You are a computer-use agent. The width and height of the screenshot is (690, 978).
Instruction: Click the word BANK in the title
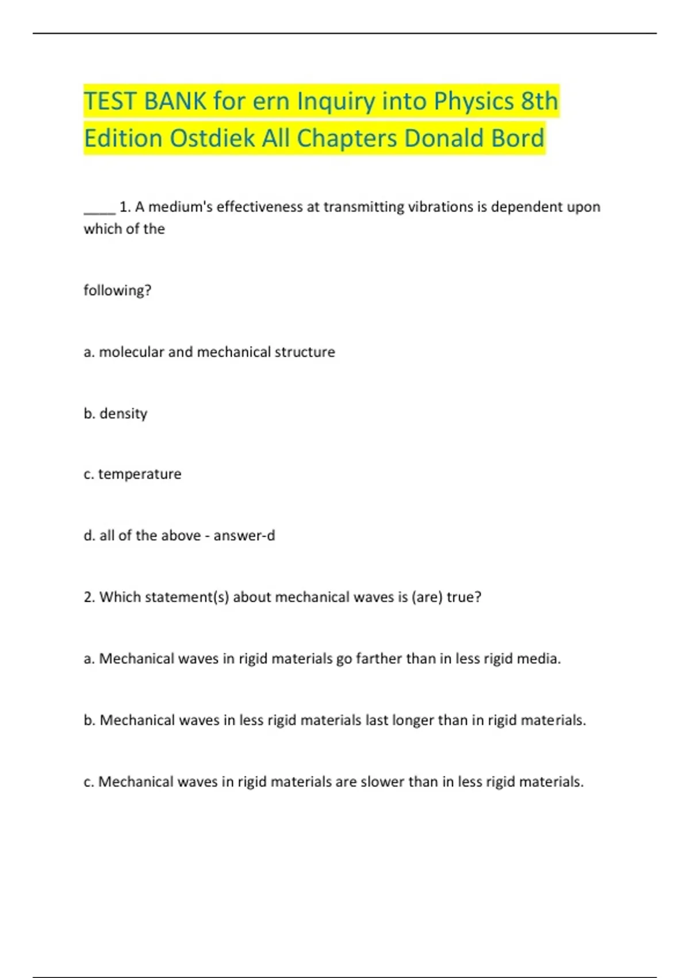[175, 101]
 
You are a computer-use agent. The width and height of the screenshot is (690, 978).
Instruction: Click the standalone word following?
[117, 290]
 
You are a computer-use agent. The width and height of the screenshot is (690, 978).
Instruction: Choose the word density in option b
[123, 413]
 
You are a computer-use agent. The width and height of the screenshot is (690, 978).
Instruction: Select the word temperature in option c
[140, 474]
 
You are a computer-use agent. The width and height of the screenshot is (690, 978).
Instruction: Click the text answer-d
[244, 536]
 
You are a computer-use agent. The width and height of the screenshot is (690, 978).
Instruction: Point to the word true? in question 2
[464, 597]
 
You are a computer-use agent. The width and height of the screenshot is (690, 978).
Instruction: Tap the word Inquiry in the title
[333, 101]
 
